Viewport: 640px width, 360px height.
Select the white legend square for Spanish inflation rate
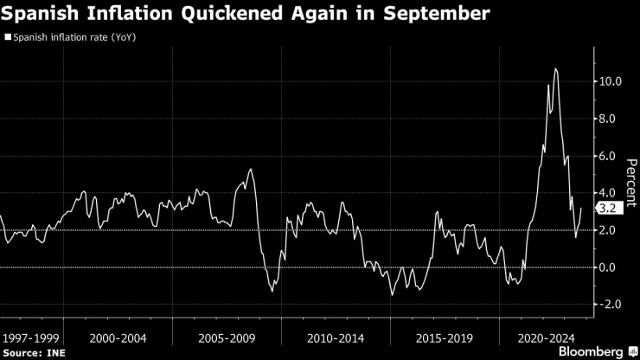coord(8,37)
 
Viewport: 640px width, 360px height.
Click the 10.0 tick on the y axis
coord(610,81)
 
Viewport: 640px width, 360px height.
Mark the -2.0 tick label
coord(611,305)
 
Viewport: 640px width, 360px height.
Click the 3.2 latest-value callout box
coord(606,208)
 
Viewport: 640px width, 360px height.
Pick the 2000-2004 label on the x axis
coord(118,335)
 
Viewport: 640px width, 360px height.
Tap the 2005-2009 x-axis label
coord(227,335)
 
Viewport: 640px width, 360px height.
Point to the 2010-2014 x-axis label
coord(336,335)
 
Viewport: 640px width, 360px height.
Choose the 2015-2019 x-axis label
coord(445,335)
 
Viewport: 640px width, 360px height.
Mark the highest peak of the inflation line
coord(555,69)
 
